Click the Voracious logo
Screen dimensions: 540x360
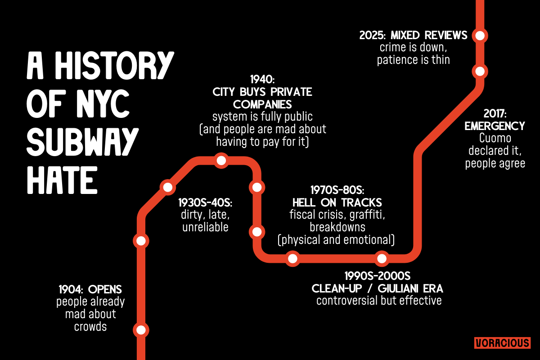coord(502,343)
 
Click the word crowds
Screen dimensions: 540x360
coord(90,326)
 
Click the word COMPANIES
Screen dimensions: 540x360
coord(263,104)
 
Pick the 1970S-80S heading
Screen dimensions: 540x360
coord(337,189)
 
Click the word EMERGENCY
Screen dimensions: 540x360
coord(495,126)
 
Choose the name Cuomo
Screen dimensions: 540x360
coord(495,138)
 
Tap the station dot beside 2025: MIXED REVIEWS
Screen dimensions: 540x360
coord(480,35)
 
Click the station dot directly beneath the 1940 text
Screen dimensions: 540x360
coord(221,161)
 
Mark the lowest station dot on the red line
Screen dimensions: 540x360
coord(141,330)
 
